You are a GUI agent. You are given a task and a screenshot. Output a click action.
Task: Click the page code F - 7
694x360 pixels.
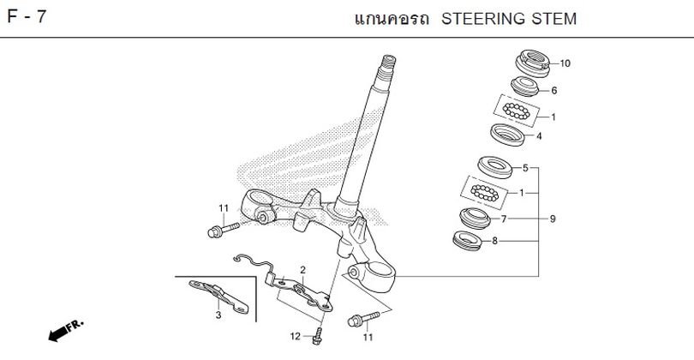tap(27, 18)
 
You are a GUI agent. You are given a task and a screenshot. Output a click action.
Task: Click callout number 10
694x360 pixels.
tap(565, 63)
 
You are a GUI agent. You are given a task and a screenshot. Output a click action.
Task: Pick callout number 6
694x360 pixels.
tap(554, 90)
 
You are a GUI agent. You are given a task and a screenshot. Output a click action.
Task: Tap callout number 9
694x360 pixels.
tap(553, 219)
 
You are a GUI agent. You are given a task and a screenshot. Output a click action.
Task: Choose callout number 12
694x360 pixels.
tap(294, 335)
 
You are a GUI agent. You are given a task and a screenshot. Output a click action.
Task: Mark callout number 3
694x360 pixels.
tap(218, 315)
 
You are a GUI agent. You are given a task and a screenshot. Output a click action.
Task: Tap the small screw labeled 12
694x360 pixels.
tap(317, 334)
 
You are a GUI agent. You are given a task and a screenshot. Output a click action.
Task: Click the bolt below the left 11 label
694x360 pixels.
tap(218, 230)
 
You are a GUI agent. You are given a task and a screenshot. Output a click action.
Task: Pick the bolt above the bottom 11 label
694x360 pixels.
tap(359, 321)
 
